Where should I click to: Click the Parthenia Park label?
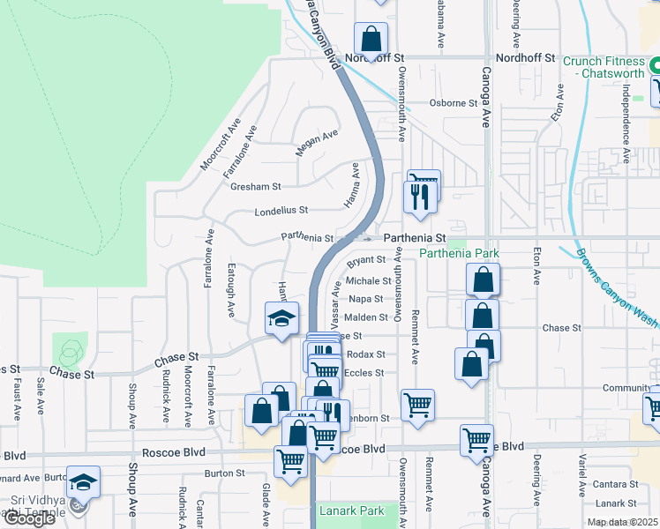point(459,254)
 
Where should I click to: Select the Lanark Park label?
point(352,510)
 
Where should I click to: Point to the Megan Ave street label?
point(317,142)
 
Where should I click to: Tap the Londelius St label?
point(281,211)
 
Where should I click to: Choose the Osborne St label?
point(453,103)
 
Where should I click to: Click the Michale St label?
point(367,280)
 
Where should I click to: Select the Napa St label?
point(365,299)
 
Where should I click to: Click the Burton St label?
point(224,473)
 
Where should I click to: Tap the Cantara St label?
point(616,485)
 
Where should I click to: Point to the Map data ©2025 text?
point(623,522)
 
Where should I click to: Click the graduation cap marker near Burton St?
point(83,481)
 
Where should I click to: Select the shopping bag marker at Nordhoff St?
point(371,40)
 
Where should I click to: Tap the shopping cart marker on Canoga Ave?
point(476,438)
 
